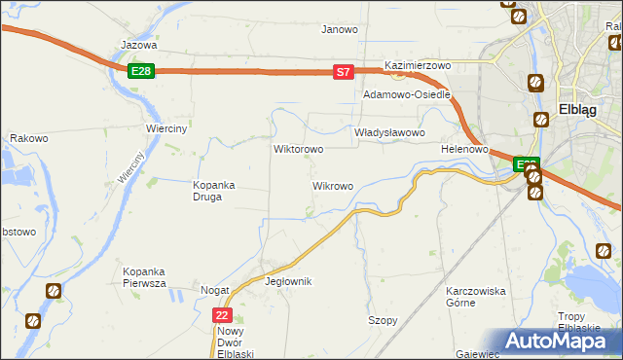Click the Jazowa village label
[x=138, y=45]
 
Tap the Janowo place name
[x=340, y=29]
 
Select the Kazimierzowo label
[x=419, y=65]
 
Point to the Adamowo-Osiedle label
[x=406, y=95]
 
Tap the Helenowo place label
[x=463, y=149]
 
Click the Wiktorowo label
[x=298, y=150]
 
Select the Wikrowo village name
[x=332, y=185]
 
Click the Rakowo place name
[x=29, y=139]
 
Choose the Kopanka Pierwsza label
[x=144, y=276]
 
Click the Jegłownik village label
[x=288, y=281]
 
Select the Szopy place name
[x=383, y=320]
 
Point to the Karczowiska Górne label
[x=474, y=297]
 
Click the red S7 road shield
[x=343, y=72]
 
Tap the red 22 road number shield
[x=223, y=315]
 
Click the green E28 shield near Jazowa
[x=141, y=71]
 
